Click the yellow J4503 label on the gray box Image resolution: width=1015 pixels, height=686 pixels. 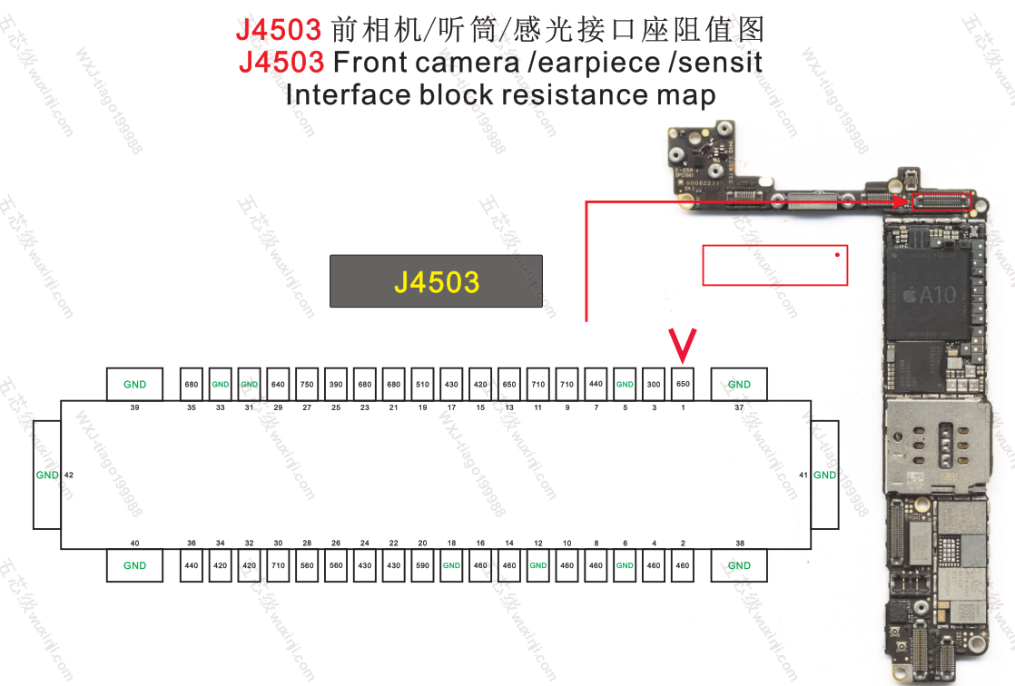tap(436, 281)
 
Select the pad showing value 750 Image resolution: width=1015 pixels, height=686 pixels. tap(307, 384)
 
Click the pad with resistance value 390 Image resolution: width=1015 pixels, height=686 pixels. tap(336, 384)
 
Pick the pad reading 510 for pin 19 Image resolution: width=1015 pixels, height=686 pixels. tap(422, 384)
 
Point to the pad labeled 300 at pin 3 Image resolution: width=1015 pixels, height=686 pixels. tap(654, 384)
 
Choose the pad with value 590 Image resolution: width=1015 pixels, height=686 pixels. tap(422, 565)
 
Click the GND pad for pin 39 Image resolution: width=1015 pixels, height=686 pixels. tap(134, 384)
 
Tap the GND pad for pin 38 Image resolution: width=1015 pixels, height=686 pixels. tap(739, 565)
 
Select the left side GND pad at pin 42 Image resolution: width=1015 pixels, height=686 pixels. tap(46, 475)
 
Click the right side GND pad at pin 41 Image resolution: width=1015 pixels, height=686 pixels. tap(824, 475)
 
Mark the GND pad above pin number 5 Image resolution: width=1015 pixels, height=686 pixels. tap(625, 384)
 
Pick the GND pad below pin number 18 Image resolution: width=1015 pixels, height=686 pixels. tap(451, 565)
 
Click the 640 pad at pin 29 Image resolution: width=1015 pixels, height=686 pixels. tap(278, 384)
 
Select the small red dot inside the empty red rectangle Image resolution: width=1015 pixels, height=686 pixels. tap(837, 254)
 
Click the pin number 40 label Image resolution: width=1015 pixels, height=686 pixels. tap(134, 543)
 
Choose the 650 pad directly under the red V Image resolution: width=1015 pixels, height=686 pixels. tap(683, 384)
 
